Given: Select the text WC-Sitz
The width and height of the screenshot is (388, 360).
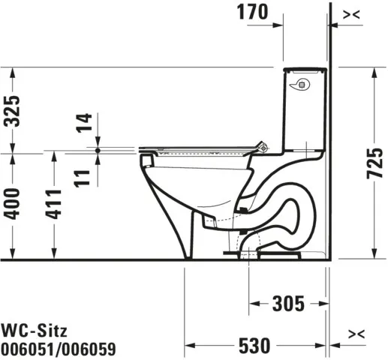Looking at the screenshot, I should click(x=31, y=328).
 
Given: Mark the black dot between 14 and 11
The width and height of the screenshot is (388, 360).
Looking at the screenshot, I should click(x=98, y=150).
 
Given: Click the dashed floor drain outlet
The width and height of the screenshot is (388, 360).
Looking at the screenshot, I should click(x=250, y=251).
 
